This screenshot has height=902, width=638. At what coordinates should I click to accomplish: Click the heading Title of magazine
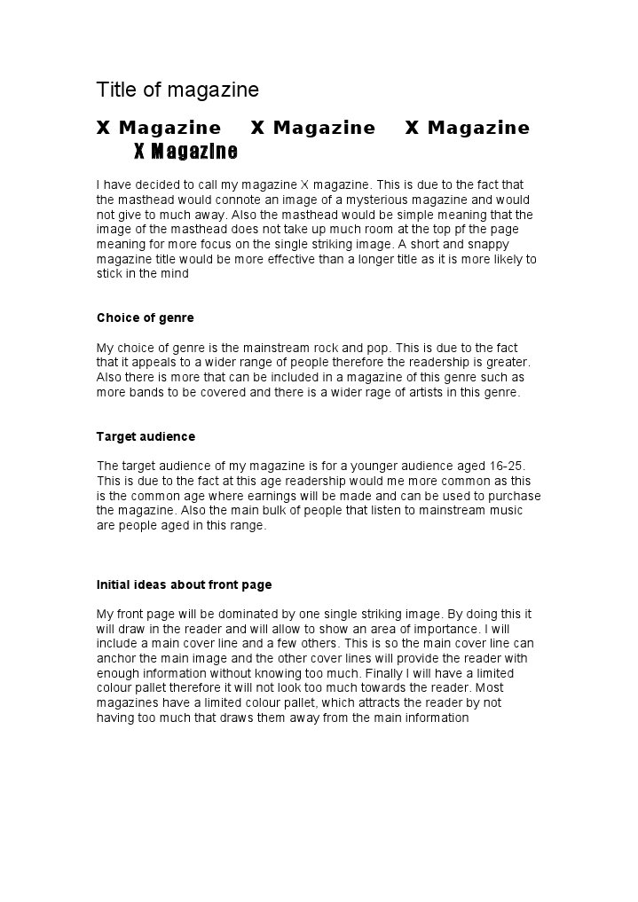(x=177, y=90)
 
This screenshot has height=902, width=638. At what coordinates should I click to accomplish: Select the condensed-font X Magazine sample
(x=185, y=152)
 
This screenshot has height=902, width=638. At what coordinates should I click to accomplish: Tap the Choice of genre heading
(x=145, y=318)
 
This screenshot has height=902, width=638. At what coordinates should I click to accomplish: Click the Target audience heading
(x=146, y=436)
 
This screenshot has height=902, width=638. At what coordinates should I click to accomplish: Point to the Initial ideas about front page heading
(x=184, y=584)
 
